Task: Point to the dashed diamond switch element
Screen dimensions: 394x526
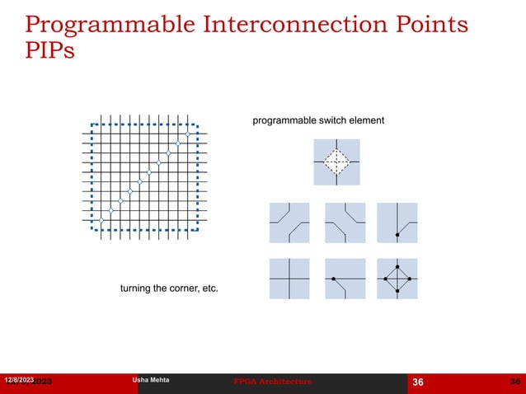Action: pyautogui.click(x=336, y=162)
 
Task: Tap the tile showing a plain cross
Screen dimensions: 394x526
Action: pyautogui.click(x=289, y=279)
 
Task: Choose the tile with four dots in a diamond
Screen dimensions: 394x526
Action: pyautogui.click(x=397, y=279)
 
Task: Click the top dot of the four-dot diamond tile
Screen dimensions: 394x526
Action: pyautogui.click(x=397, y=267)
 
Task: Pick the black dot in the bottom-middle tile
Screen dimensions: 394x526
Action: pyautogui.click(x=334, y=279)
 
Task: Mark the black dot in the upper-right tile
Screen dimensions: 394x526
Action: pyautogui.click(x=397, y=236)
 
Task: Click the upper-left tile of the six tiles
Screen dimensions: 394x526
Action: pyautogui.click(x=289, y=223)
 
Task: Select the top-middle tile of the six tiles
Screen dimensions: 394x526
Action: pyautogui.click(x=344, y=223)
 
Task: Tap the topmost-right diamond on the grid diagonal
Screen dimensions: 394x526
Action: pyautogui.click(x=188, y=134)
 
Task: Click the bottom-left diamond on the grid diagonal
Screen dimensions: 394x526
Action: pyautogui.click(x=101, y=220)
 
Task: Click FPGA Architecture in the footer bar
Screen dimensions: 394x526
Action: pyautogui.click(x=274, y=382)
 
